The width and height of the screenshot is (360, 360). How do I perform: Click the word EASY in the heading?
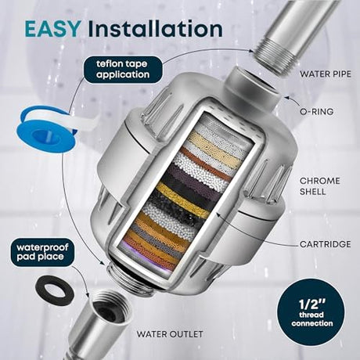[52, 28]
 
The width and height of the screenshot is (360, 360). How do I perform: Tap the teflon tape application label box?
[123, 69]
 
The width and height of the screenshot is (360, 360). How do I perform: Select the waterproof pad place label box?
[42, 252]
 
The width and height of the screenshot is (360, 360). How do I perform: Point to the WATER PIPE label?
[326, 74]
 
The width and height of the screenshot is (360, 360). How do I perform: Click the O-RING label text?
[317, 112]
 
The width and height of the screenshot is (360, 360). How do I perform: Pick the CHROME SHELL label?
[320, 186]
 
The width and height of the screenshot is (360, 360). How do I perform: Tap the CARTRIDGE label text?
[326, 244]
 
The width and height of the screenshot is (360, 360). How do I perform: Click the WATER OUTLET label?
[170, 334]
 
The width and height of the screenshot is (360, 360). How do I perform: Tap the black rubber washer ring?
[54, 290]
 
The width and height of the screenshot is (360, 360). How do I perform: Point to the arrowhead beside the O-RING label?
[286, 98]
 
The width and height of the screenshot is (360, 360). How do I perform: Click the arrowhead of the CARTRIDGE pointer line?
[218, 215]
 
